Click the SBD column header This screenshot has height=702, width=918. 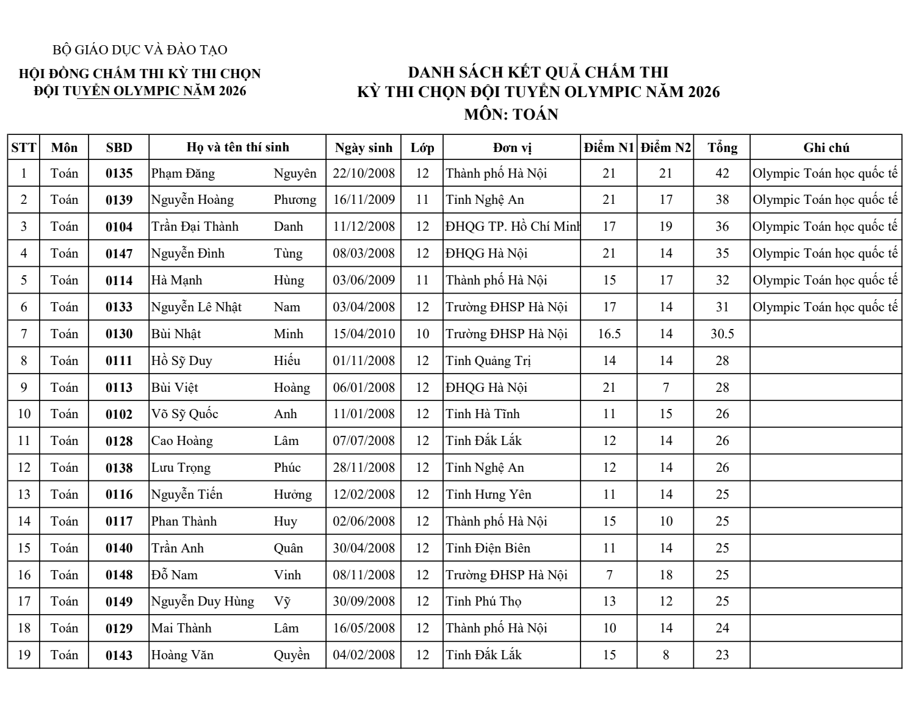tap(118, 148)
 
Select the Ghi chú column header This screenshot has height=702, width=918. tap(826, 148)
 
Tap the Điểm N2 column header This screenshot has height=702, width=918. tap(665, 148)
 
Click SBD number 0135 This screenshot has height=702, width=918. tap(118, 173)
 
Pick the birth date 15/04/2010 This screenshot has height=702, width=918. tap(364, 334)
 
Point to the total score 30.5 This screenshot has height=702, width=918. tap(722, 334)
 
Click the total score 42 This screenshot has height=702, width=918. tap(722, 173)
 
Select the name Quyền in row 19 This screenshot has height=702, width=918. tap(292, 655)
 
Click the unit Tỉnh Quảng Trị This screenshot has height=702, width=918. tap(488, 361)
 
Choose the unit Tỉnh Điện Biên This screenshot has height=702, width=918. tap(488, 548)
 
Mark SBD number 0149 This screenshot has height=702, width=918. tap(118, 602)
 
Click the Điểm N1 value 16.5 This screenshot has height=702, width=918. tap(609, 334)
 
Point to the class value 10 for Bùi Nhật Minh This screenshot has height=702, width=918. tap(422, 334)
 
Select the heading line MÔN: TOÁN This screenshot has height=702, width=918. tap(511, 114)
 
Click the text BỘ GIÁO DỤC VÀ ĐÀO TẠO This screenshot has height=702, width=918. tap(140, 50)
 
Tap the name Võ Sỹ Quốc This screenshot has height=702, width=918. tap(185, 414)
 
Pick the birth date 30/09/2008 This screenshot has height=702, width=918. tap(364, 601)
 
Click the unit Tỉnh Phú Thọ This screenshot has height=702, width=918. tap(483, 601)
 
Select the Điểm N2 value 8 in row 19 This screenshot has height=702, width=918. tap(665, 655)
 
